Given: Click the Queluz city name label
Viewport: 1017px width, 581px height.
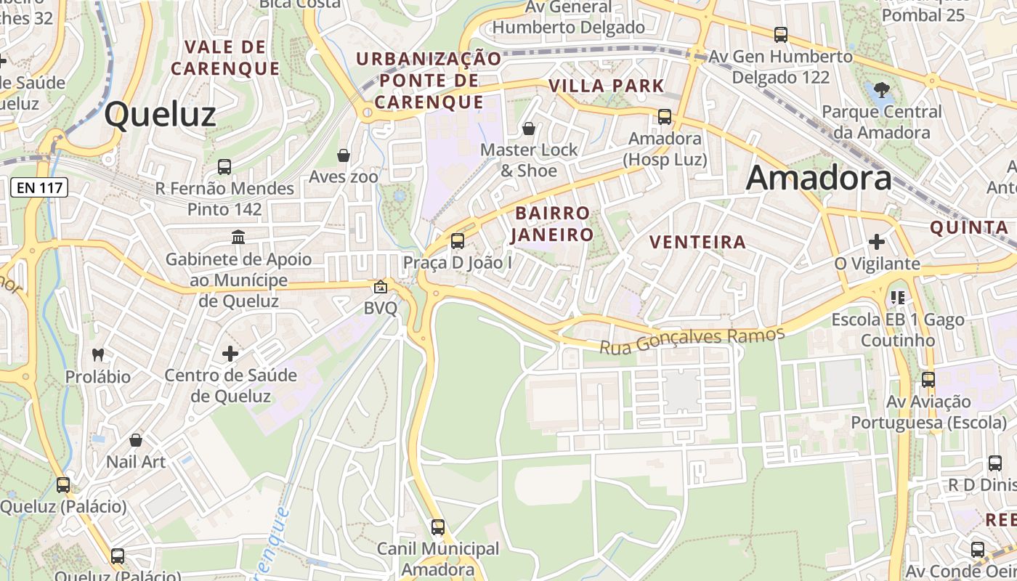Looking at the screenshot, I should (160, 115).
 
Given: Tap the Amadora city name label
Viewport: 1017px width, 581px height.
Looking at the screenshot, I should (819, 178).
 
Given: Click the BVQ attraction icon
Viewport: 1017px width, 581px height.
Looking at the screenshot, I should (380, 287).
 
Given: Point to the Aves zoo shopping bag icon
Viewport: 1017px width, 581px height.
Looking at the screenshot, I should (344, 155).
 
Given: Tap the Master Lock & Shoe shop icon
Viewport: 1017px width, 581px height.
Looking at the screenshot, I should (529, 129).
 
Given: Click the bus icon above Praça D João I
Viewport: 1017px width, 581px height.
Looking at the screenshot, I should (457, 240).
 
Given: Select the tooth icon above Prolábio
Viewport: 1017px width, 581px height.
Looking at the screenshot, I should (98, 355).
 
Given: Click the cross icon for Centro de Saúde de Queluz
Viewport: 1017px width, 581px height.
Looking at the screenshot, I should (230, 354).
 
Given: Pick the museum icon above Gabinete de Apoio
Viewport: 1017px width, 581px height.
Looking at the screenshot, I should (238, 237).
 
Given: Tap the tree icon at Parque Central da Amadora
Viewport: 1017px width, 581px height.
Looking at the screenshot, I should (882, 90).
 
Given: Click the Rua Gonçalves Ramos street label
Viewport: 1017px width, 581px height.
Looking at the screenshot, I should (692, 340).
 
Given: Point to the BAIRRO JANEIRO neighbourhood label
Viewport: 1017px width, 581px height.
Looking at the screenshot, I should (552, 224).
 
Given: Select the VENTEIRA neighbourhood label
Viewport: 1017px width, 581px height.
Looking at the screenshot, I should (697, 242).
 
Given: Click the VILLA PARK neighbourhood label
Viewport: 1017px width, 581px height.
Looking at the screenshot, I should (607, 86).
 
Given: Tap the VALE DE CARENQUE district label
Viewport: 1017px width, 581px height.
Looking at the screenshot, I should (225, 58).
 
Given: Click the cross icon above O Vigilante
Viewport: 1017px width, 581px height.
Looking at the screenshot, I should (877, 241).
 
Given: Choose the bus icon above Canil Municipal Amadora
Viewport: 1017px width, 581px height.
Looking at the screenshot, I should (438, 527).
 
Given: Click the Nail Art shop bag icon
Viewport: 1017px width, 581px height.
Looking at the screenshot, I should (136, 440).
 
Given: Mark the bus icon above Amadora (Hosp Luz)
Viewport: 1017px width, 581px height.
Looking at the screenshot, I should (664, 116).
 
